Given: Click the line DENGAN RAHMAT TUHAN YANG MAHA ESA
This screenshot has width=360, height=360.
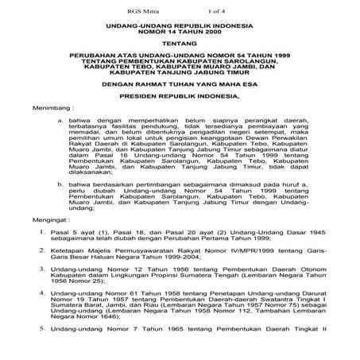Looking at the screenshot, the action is click(180, 102).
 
